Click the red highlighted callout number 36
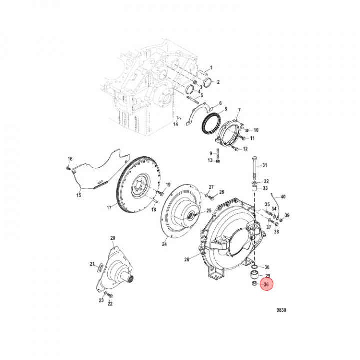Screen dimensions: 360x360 (266, 284)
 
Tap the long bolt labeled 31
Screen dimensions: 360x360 (255, 168)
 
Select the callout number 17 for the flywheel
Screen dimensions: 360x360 (109, 208)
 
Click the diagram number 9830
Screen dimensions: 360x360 (281, 310)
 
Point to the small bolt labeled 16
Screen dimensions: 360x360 (68, 168)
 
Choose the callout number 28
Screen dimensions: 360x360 (187, 260)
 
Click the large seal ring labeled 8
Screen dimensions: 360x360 (211, 124)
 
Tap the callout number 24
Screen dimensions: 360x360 (164, 244)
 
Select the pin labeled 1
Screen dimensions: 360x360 (203, 73)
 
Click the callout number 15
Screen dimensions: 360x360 (79, 195)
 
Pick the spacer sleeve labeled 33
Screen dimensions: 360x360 (254, 188)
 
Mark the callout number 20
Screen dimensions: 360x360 (113, 238)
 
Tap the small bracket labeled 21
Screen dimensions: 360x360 (101, 268)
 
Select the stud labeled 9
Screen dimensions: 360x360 (218, 153)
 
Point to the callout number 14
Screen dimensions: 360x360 (175, 124)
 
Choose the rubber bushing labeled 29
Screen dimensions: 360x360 (254, 275)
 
